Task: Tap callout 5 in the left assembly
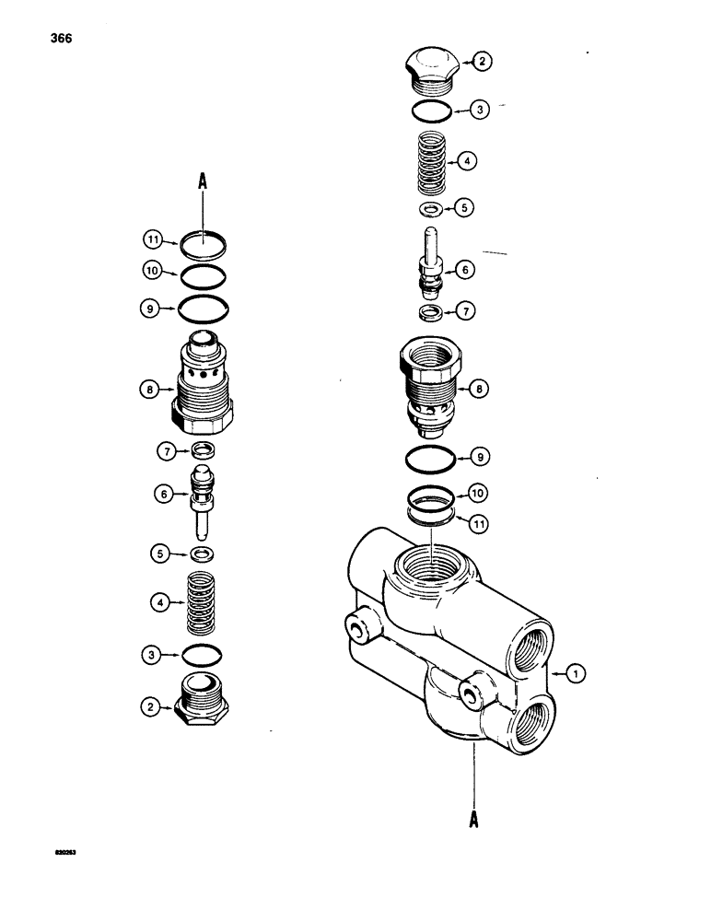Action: tap(158, 554)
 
